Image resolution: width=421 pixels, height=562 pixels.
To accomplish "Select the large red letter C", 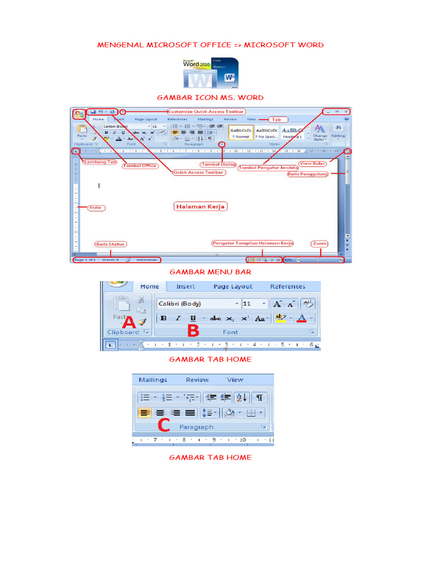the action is pyautogui.click(x=163, y=425).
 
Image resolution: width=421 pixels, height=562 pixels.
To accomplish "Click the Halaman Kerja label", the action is pyautogui.click(x=200, y=207).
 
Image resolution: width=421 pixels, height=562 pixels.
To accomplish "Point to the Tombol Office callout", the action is pyautogui.click(x=140, y=166).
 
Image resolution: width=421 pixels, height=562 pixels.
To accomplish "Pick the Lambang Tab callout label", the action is pyautogui.click(x=100, y=162).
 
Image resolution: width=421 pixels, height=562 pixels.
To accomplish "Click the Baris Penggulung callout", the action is pyautogui.click(x=308, y=174).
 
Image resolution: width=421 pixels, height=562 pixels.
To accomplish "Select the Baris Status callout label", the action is pyautogui.click(x=110, y=244).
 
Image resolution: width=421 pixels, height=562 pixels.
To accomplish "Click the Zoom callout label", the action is pyautogui.click(x=319, y=243).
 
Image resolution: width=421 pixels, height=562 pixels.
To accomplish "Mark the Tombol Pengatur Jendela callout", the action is pyautogui.click(x=268, y=167).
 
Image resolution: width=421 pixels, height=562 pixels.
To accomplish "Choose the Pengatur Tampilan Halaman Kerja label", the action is pyautogui.click(x=253, y=243).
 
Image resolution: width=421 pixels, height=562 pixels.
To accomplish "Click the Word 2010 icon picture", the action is pyautogui.click(x=210, y=72).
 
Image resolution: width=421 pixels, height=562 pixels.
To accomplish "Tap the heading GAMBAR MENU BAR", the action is pyautogui.click(x=210, y=272).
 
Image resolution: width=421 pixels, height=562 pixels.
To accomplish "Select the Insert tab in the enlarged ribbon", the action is pyautogui.click(x=185, y=286).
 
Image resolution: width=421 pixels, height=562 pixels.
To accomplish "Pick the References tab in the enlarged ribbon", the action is pyautogui.click(x=287, y=286).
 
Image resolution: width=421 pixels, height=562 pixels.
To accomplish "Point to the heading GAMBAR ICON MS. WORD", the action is pyautogui.click(x=210, y=97).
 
